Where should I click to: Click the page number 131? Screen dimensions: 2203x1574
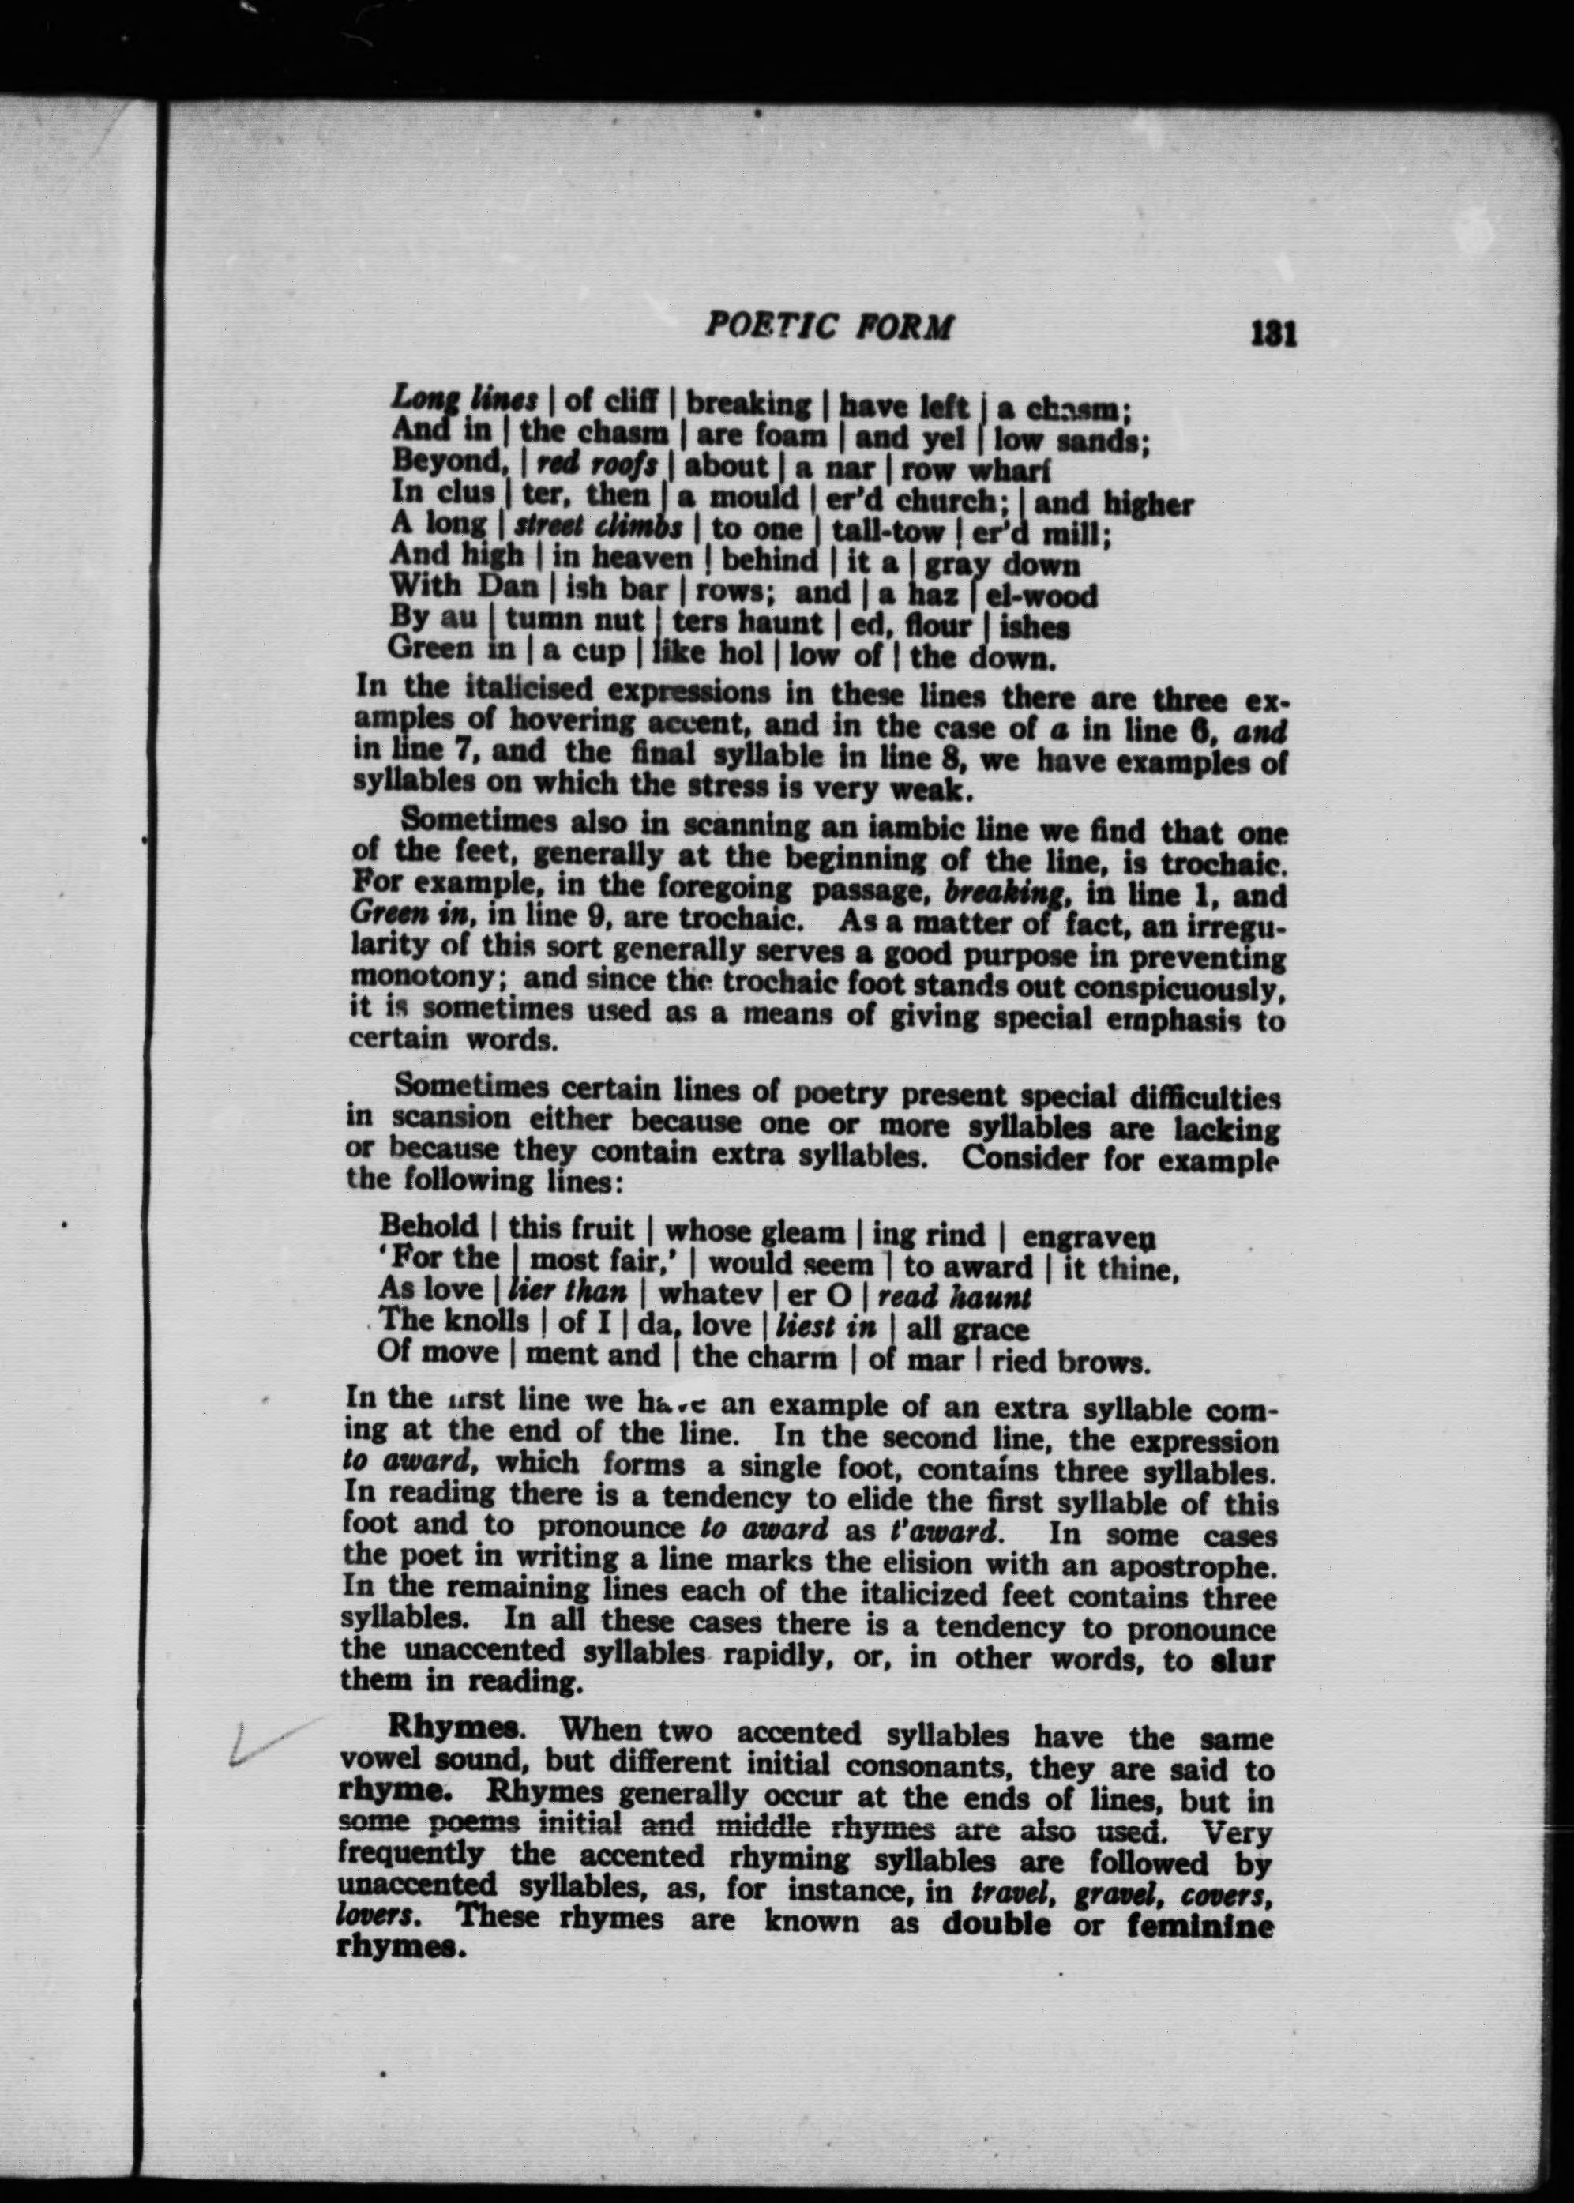(x=1272, y=333)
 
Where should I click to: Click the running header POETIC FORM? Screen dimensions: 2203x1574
(x=829, y=327)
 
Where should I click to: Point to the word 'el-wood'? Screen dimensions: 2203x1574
(x=1041, y=594)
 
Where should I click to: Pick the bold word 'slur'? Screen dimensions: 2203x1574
(x=1244, y=1660)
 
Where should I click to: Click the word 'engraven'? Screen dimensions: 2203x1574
(x=1088, y=1238)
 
